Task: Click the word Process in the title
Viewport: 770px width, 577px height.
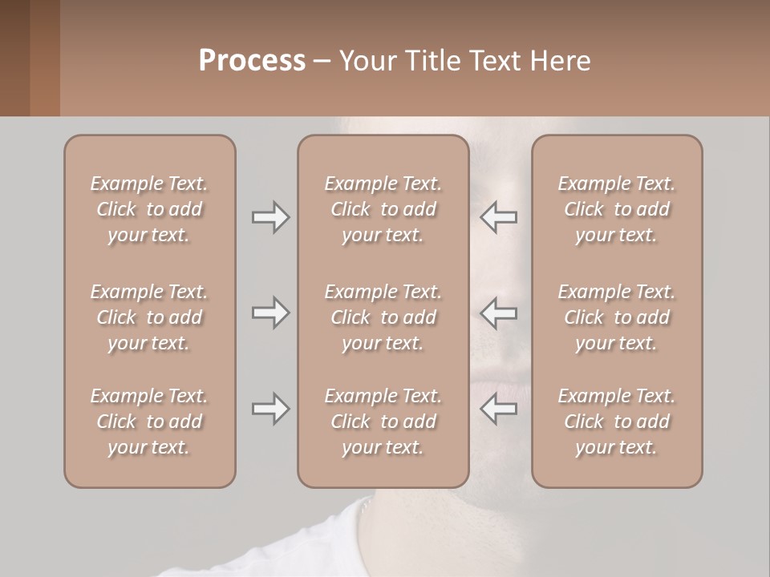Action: click(252, 61)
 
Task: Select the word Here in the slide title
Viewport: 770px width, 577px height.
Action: click(560, 61)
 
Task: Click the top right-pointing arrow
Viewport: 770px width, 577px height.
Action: click(270, 217)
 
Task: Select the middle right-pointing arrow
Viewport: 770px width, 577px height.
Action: click(270, 313)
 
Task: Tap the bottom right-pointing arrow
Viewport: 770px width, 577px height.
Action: click(270, 409)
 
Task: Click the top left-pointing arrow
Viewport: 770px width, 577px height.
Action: click(499, 217)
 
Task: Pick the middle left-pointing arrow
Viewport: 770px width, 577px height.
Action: click(499, 313)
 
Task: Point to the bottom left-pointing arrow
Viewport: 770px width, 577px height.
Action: click(499, 409)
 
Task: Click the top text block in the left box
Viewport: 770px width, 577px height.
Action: click(149, 209)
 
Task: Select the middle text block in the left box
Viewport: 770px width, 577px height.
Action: click(149, 317)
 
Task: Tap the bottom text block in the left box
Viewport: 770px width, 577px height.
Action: click(149, 422)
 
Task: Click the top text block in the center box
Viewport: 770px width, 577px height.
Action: click(383, 209)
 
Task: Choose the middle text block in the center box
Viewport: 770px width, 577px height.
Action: click(383, 317)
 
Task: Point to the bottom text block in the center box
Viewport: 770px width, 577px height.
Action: click(383, 422)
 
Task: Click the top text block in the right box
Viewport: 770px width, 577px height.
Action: click(616, 209)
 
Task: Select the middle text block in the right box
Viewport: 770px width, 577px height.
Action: click(616, 317)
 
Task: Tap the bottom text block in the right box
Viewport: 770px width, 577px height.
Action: click(616, 422)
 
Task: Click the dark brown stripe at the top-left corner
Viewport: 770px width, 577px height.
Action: click(14, 58)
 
